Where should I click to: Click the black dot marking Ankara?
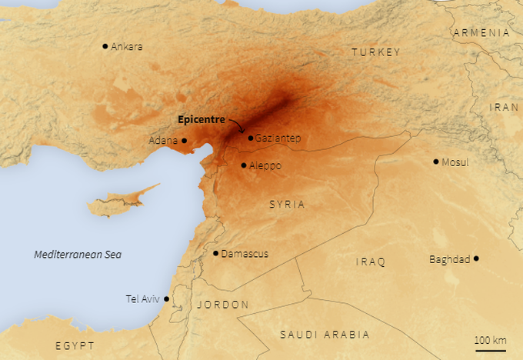coord(105,46)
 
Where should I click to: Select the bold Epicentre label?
coord(202,119)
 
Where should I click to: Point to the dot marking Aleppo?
coord(244,165)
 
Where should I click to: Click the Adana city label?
coord(163,141)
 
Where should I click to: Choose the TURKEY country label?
coord(376,52)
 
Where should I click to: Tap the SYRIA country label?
coord(287,205)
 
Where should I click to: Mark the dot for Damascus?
coord(215,253)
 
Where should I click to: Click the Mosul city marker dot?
coord(436,162)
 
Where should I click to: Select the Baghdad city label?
coord(449,259)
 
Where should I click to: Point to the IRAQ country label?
coord(370,262)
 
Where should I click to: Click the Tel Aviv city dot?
coord(166,299)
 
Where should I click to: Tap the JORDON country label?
coord(223,305)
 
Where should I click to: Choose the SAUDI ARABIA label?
coord(325,335)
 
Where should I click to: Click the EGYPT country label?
coord(75,345)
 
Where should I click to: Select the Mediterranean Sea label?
coord(78,255)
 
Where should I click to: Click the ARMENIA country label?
coord(481,32)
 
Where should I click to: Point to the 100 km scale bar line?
coord(491,351)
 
